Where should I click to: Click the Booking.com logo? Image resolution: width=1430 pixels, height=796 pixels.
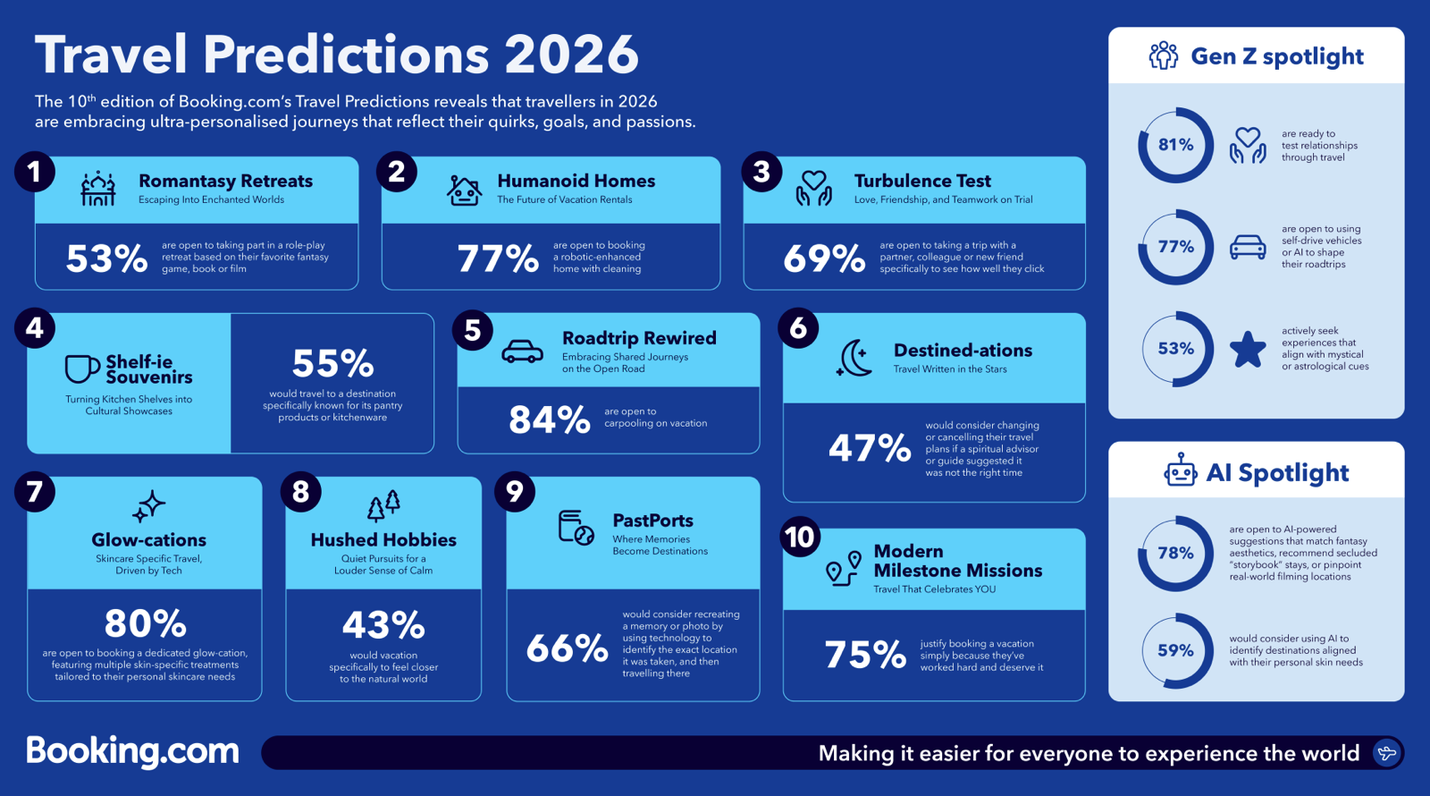[x=132, y=751]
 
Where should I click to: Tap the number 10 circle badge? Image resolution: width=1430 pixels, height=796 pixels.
[x=799, y=537]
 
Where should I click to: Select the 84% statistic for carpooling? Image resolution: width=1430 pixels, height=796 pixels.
[x=549, y=419]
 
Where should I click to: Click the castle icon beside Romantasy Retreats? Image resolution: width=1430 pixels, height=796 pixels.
[x=98, y=189]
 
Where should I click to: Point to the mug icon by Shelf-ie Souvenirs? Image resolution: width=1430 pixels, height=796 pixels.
[x=81, y=368]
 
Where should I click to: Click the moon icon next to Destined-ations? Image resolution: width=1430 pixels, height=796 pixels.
[x=855, y=358]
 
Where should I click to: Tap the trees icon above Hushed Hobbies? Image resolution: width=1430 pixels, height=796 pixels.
[x=383, y=506]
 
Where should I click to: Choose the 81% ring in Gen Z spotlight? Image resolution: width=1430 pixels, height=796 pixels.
[x=1175, y=145]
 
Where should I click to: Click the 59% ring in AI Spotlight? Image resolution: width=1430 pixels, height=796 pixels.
[x=1175, y=650]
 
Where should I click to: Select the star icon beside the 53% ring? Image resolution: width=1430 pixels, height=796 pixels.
[x=1248, y=350]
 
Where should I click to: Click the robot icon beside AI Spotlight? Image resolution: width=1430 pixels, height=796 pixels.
[x=1180, y=470]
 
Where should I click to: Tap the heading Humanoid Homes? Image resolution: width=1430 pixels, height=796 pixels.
[x=576, y=181]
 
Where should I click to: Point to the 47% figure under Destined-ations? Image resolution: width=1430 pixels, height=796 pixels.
[x=869, y=447]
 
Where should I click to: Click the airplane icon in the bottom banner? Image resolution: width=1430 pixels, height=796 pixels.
[x=1386, y=753]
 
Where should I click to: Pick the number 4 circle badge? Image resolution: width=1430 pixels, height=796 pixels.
[x=35, y=328]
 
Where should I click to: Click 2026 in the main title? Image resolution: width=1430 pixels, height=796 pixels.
[x=571, y=55]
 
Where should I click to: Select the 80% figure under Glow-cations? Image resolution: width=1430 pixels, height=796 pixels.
[x=145, y=623]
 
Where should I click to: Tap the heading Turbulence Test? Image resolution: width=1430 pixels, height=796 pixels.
[x=922, y=181]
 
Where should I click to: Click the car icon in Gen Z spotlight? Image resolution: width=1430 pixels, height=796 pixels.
[x=1248, y=247]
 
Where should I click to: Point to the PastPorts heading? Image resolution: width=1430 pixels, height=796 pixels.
[x=652, y=521]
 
